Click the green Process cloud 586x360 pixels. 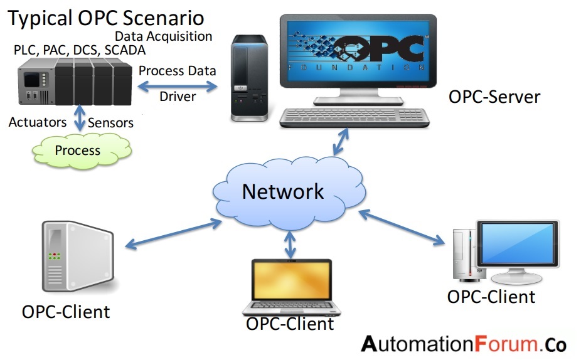coord(77,151)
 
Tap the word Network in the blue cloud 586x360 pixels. coord(283,191)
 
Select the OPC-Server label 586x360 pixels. coord(494,97)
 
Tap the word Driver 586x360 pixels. coord(178,97)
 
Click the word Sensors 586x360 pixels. coord(110,122)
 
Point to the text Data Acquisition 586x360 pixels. coord(163,36)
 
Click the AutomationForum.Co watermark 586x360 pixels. coord(464,344)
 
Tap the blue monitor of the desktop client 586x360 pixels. coord(516,245)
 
